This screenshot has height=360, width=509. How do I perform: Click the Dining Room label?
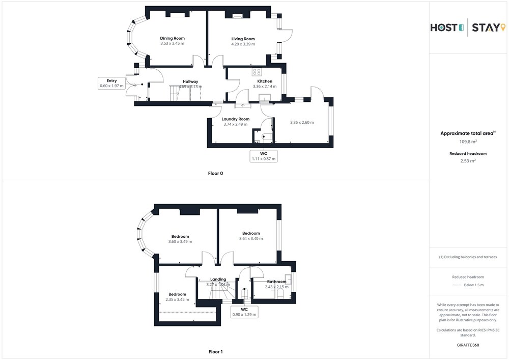pos(173,38)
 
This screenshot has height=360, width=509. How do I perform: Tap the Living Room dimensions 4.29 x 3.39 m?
pos(243,44)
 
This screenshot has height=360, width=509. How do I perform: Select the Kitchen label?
pos(265,81)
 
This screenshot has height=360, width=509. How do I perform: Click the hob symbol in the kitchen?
pos(257,72)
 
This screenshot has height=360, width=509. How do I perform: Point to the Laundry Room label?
pos(236,119)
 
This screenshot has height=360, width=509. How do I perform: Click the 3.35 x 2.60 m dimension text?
pos(302,122)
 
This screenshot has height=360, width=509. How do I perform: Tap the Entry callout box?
pos(111,83)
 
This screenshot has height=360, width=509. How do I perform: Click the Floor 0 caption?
pos(215,173)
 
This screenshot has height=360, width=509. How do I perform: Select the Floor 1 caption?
pos(215,351)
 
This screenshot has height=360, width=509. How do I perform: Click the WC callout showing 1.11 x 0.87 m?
pos(264,156)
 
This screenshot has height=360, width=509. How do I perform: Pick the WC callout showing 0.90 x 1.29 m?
pos(244,312)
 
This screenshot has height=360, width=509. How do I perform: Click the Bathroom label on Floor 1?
pos(277,282)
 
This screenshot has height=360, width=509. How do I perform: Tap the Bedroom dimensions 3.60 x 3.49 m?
pos(180,241)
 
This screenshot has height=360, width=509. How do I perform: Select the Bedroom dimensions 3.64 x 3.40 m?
pos(251,239)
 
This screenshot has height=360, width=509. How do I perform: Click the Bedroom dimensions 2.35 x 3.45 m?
pos(177,299)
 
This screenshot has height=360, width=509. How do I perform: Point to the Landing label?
pos(218,279)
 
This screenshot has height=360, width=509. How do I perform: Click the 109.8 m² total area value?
pos(468,142)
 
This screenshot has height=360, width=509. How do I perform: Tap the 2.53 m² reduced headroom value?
pos(468,161)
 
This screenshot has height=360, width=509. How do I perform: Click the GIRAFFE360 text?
pos(468,345)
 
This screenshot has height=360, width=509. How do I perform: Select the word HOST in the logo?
pos(444,27)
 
